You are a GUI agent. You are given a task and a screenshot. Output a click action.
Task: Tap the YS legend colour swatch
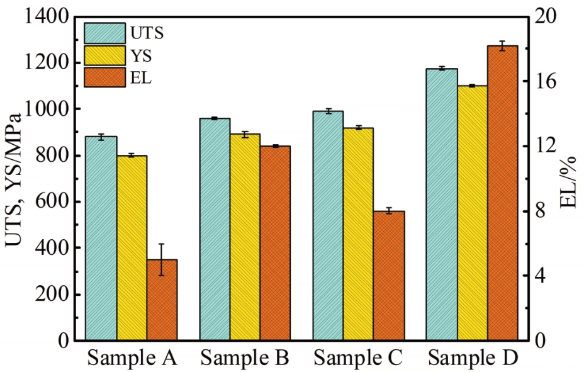pyautogui.click(x=104, y=55)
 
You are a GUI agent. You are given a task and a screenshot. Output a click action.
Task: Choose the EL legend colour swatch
pyautogui.click(x=104, y=78)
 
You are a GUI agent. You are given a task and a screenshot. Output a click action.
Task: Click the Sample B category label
pyautogui.click(x=245, y=359)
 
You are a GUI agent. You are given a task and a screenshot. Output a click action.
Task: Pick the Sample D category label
pyautogui.click(x=473, y=359)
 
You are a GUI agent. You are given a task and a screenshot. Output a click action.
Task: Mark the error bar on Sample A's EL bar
pyautogui.click(x=162, y=259)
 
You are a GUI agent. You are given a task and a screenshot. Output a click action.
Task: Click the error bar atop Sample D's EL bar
pyautogui.click(x=502, y=46)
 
